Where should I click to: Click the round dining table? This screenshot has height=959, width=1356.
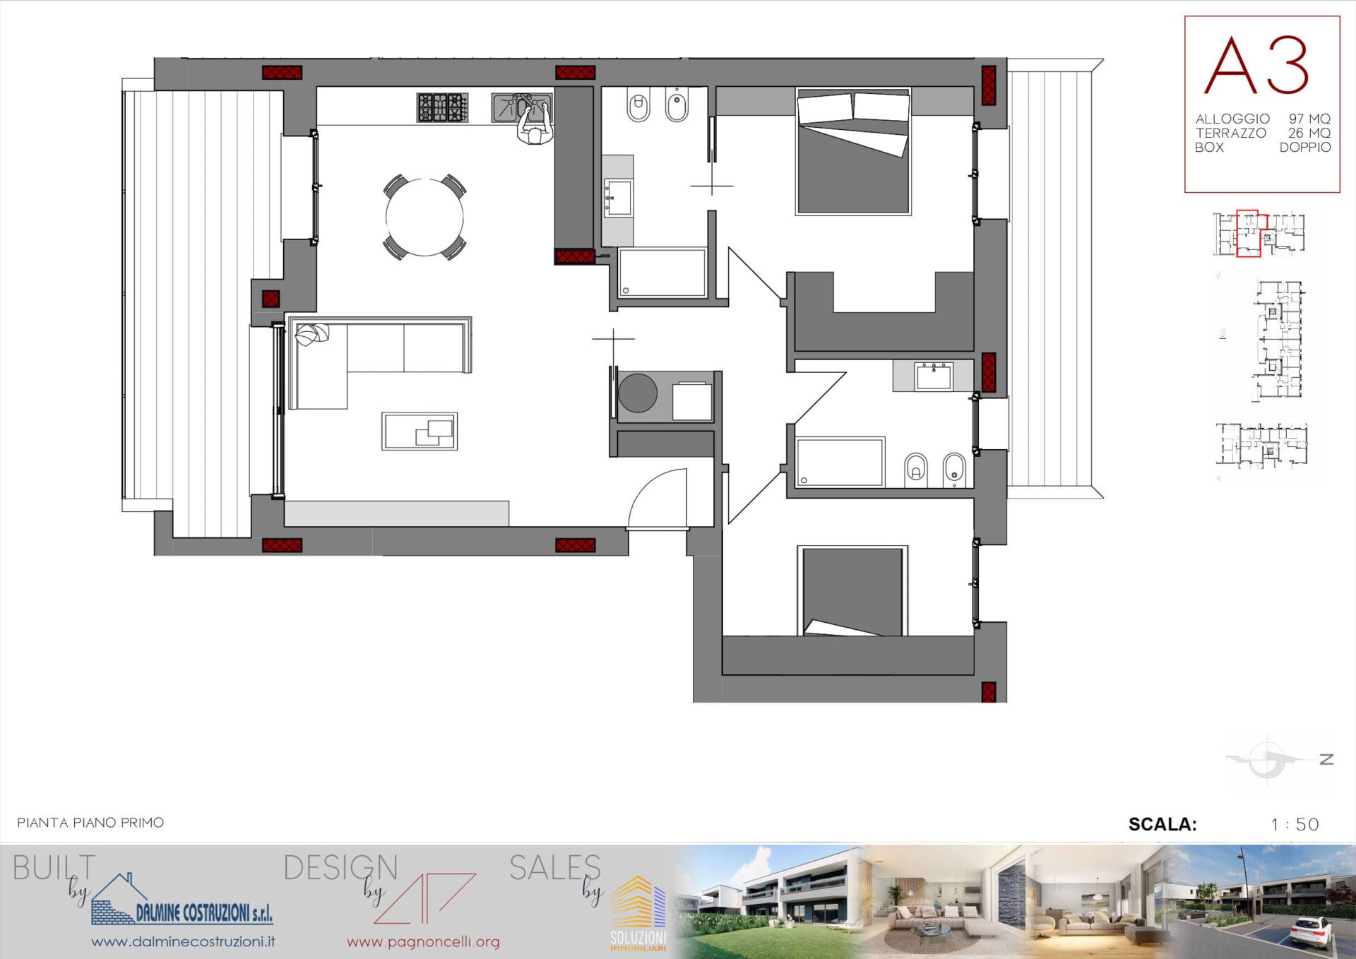point(424,217)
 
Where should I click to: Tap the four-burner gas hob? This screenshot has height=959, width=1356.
point(442,107)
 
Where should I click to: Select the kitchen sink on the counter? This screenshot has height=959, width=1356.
point(522,107)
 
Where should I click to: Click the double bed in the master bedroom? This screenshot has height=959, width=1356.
point(853,151)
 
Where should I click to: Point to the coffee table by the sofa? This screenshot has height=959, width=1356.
point(420,431)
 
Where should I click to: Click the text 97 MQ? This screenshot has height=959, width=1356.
point(1309,119)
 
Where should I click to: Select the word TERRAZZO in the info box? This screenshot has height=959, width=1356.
point(1230,133)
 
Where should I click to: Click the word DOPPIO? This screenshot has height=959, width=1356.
point(1305,147)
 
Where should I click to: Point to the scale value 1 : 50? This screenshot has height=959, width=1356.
point(1295,824)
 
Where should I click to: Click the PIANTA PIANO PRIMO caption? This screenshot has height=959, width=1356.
point(90,823)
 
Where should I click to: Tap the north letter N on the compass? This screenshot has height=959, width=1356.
point(1326,759)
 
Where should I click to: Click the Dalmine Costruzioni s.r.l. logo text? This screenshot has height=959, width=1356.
point(204,912)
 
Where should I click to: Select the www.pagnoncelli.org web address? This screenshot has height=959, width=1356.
point(423,941)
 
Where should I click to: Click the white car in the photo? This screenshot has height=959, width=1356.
point(1312,931)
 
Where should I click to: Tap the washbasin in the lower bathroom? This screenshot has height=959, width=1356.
point(934,376)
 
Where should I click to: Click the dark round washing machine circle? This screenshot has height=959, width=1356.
point(638,393)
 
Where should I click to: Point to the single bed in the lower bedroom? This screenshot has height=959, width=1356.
point(852,591)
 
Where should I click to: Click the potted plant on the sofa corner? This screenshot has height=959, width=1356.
point(312,334)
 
